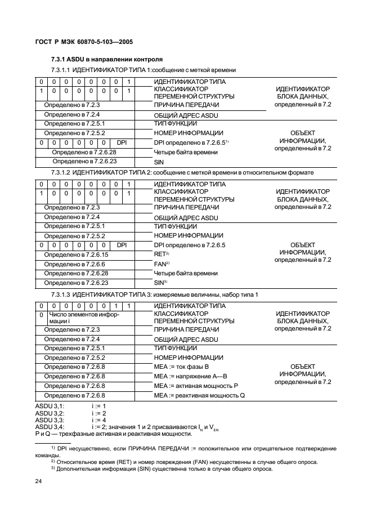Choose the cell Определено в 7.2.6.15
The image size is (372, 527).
(76, 254)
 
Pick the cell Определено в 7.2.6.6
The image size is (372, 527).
(75, 264)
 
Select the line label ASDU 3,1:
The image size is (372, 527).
(50, 406)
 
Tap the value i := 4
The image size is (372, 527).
(98, 420)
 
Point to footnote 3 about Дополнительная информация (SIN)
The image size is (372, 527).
(162, 469)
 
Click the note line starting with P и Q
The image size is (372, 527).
(113, 434)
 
